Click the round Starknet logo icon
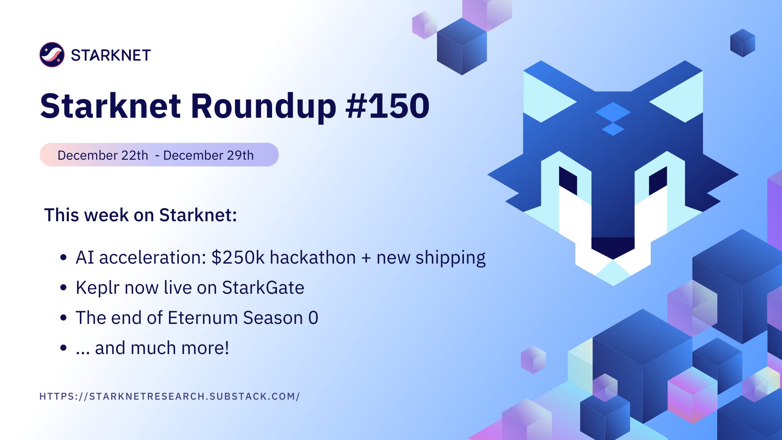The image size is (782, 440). click(x=52, y=55)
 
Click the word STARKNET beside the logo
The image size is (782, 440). click(x=111, y=55)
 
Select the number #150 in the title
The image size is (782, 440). click(x=387, y=106)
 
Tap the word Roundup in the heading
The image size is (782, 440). click(x=264, y=106)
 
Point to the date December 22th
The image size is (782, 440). click(x=103, y=155)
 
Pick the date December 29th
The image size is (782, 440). click(x=208, y=155)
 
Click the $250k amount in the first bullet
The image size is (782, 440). click(x=238, y=257)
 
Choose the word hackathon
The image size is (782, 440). click(x=312, y=257)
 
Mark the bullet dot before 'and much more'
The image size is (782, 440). click(x=63, y=348)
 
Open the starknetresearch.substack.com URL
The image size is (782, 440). click(x=169, y=396)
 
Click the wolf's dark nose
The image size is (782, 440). click(x=613, y=246)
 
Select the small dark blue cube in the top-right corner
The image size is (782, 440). click(x=742, y=43)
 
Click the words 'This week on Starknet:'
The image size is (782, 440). click(x=141, y=215)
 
